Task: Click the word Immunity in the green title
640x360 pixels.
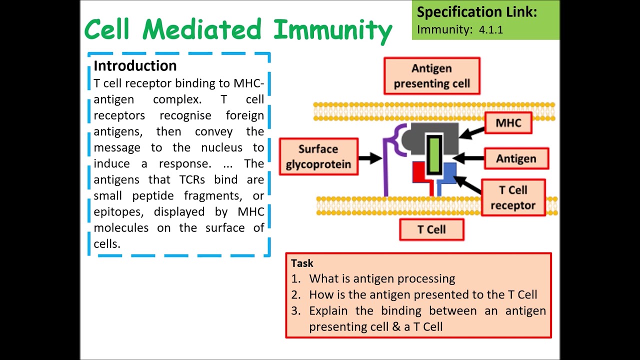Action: (x=332, y=30)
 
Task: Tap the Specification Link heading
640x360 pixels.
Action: (x=476, y=12)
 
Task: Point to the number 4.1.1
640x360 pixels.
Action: (x=490, y=29)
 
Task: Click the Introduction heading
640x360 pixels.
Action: (x=135, y=66)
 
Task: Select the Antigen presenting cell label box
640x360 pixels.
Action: (x=431, y=76)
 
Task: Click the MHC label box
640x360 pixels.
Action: (x=508, y=123)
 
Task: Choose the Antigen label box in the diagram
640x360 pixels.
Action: (x=516, y=158)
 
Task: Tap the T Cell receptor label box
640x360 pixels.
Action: (x=513, y=197)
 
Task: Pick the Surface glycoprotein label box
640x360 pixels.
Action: (x=318, y=156)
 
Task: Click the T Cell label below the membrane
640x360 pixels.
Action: (x=431, y=229)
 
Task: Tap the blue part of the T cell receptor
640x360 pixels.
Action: (x=447, y=175)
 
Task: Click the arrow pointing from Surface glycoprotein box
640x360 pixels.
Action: (x=370, y=158)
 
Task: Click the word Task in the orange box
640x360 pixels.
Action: (x=302, y=263)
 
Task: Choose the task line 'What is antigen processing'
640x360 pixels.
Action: (x=382, y=278)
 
